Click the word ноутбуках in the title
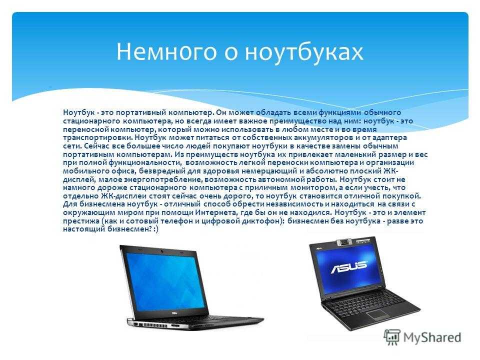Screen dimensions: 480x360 304,52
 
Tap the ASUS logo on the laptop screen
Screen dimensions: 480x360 348,266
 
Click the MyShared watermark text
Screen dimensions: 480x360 432,337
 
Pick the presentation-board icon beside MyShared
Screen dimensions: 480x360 392,337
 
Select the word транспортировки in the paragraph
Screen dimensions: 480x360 97,138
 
